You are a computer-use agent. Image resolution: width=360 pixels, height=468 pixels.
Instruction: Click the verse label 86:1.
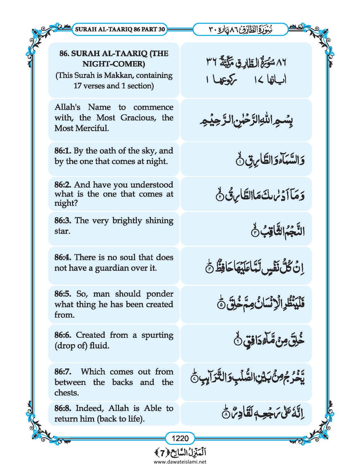(62, 151)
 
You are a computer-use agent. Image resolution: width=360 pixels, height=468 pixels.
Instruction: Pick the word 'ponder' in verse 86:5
(159, 294)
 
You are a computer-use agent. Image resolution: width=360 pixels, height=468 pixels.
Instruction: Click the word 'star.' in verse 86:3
(62, 231)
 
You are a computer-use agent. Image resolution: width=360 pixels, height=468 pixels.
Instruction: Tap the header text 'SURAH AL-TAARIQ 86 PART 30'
(119, 29)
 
